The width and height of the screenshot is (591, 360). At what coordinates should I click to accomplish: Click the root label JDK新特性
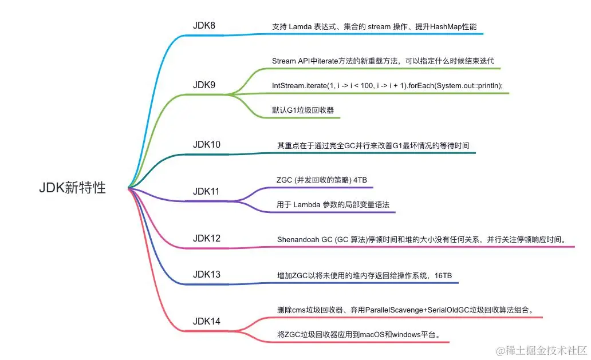coord(72,188)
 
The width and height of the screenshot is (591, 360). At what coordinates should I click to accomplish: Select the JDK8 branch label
coord(204,26)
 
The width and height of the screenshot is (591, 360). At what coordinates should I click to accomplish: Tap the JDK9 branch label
coord(204,85)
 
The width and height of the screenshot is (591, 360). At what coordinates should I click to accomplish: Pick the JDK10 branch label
coord(206,144)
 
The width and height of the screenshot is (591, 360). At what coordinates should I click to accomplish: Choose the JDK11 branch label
coord(206,191)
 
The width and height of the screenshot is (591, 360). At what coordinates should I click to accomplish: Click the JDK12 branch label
coord(206,238)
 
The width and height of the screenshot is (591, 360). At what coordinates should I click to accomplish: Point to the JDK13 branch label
coord(206,274)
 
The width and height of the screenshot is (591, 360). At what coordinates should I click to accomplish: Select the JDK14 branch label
coord(206,321)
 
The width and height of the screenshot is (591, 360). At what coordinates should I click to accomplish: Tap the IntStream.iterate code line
coord(387,86)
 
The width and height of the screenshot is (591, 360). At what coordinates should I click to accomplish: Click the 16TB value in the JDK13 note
coord(442,275)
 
